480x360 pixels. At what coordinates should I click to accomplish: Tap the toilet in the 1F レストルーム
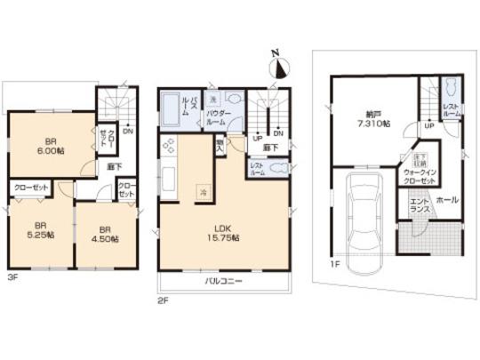coord(450,89)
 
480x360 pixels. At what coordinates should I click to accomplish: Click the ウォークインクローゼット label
coord(419,174)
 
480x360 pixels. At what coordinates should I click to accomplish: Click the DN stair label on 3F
coord(129,132)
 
